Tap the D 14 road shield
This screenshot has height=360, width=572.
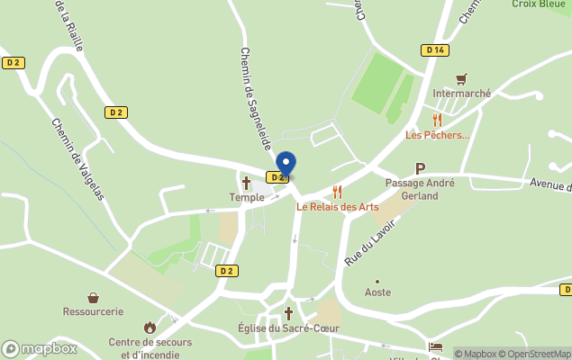click(x=436, y=50)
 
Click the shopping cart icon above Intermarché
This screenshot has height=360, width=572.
click(x=461, y=78)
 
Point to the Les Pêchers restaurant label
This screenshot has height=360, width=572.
click(x=438, y=135)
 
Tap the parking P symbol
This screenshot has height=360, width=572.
click(x=420, y=168)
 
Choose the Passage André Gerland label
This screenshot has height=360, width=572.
click(x=420, y=189)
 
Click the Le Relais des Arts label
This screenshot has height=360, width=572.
click(x=338, y=206)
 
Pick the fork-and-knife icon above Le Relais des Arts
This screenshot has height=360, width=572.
click(x=338, y=192)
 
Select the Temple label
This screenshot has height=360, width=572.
click(x=246, y=197)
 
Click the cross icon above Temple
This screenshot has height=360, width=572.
click(x=246, y=183)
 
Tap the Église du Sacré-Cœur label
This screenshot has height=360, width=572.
click(x=288, y=328)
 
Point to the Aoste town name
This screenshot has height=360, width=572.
click(x=377, y=292)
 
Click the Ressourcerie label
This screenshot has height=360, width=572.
click(x=93, y=311)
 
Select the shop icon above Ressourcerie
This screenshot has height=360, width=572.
click(x=93, y=297)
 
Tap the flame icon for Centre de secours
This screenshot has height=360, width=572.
click(x=150, y=328)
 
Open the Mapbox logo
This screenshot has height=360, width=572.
click(x=40, y=348)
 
